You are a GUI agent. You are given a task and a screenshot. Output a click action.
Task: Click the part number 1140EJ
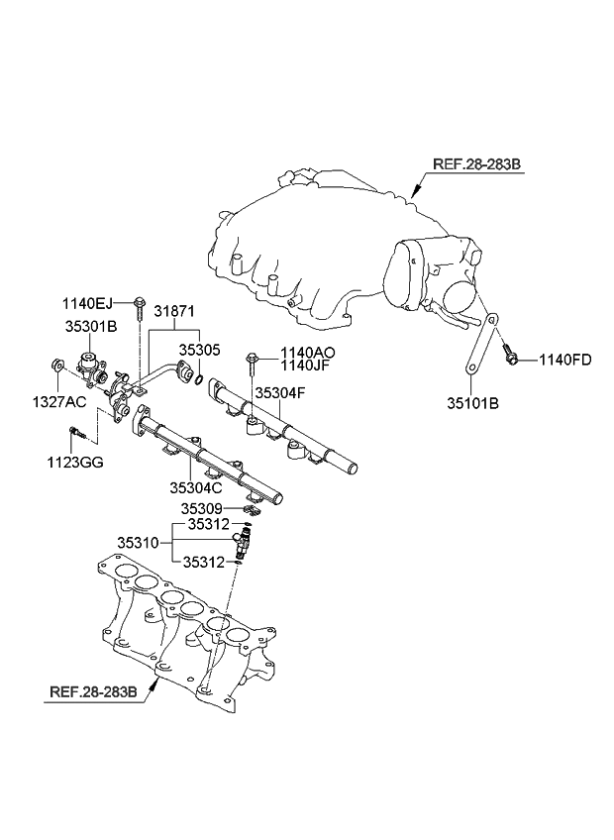(x=89, y=303)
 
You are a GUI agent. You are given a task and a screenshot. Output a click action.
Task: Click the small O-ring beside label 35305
(x=200, y=378)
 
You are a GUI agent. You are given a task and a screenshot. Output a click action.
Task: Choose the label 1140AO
(x=308, y=352)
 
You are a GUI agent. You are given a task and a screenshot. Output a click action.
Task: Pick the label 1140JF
(x=307, y=367)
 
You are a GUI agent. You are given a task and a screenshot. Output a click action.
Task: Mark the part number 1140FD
(x=564, y=360)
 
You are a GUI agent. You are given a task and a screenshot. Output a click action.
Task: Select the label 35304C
(x=198, y=487)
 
